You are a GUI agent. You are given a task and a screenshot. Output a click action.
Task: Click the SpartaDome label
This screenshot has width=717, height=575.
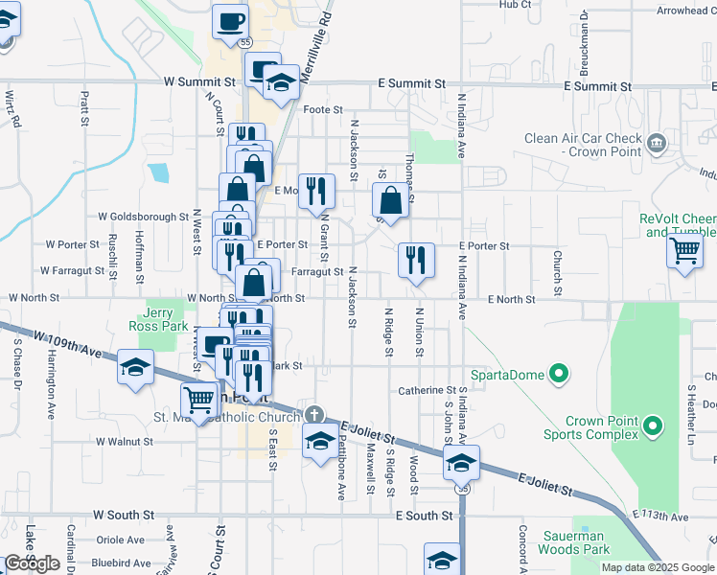(x=506, y=374)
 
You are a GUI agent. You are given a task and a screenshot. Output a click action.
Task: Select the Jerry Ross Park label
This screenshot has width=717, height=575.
(x=164, y=320)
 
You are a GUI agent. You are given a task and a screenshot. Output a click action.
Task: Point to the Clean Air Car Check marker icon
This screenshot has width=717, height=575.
(x=657, y=145)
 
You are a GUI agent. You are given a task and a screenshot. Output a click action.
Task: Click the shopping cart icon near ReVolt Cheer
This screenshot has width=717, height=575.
(x=684, y=251)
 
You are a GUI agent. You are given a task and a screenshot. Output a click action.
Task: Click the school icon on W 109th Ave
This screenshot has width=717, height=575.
(x=136, y=367)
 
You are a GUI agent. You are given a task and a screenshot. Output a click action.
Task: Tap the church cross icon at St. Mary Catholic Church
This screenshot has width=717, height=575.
(x=313, y=415)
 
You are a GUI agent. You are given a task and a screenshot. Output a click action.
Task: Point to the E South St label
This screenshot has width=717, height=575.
(x=424, y=516)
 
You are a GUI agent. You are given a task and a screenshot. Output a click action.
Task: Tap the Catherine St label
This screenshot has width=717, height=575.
(x=428, y=390)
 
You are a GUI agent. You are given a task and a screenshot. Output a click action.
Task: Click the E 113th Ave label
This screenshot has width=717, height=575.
(x=660, y=517)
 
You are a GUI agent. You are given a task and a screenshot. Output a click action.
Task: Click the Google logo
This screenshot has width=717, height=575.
(x=32, y=563)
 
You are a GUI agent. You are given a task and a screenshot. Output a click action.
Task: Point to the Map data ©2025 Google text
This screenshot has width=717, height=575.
(x=657, y=567)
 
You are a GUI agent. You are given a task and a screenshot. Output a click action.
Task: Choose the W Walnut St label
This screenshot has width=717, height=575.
(x=124, y=442)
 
